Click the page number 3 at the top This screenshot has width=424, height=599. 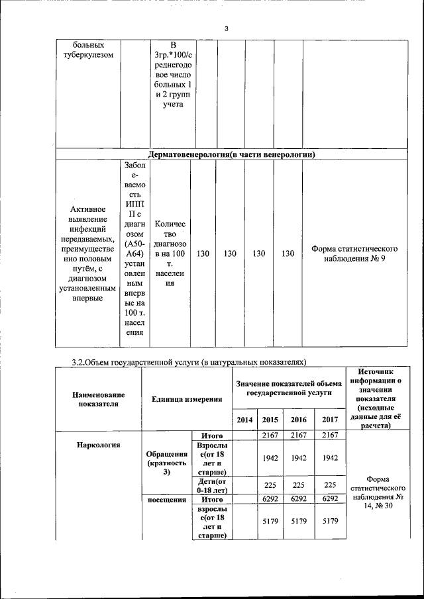(x=226, y=28)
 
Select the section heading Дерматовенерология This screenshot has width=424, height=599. (x=231, y=154)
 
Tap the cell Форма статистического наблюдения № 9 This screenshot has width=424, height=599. (x=354, y=253)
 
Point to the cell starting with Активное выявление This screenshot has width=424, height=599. (x=86, y=253)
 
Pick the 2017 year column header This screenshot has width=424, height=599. (x=325, y=419)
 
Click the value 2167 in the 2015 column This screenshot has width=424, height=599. (x=269, y=435)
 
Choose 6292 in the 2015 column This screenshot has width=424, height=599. (x=269, y=499)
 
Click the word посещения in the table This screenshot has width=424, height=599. (x=166, y=500)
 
